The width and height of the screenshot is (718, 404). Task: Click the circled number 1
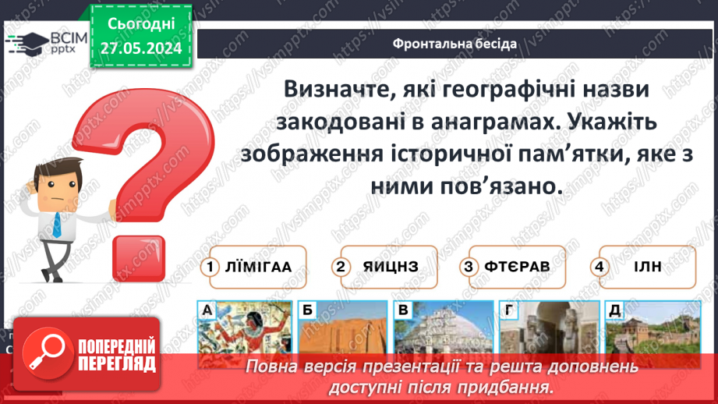[x=210, y=267]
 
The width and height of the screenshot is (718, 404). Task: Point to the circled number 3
[x=469, y=267]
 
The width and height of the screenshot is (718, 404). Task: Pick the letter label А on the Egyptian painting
[x=207, y=311]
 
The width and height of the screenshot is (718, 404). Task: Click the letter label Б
[x=307, y=311]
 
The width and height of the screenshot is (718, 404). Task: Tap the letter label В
[x=403, y=311]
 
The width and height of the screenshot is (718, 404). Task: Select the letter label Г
[x=508, y=311]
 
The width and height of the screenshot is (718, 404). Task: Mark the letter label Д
[x=614, y=311]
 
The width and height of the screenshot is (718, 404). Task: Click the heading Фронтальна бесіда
[x=454, y=43]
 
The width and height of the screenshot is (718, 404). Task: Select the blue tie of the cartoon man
[x=57, y=223]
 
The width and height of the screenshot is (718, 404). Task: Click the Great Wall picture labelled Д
[x=644, y=335]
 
